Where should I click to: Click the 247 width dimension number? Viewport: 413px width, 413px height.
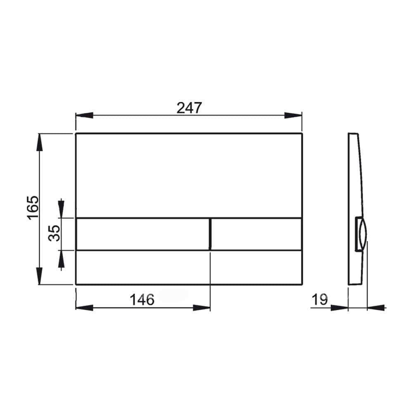(190, 108)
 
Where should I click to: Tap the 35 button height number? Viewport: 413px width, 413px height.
(55, 233)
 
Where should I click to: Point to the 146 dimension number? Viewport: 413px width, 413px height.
(142, 299)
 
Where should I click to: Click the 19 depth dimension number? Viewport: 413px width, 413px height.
(320, 299)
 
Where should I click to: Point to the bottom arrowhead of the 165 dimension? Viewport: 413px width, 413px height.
(40, 276)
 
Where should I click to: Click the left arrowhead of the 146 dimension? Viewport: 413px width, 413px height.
(83, 307)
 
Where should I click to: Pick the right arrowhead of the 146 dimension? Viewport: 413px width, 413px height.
(202, 307)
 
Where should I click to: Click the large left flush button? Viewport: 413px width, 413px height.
(143, 234)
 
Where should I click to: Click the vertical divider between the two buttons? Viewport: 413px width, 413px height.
(210, 234)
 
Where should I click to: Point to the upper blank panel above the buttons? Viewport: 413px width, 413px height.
(189, 175)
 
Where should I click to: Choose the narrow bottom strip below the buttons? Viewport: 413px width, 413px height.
(189, 267)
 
